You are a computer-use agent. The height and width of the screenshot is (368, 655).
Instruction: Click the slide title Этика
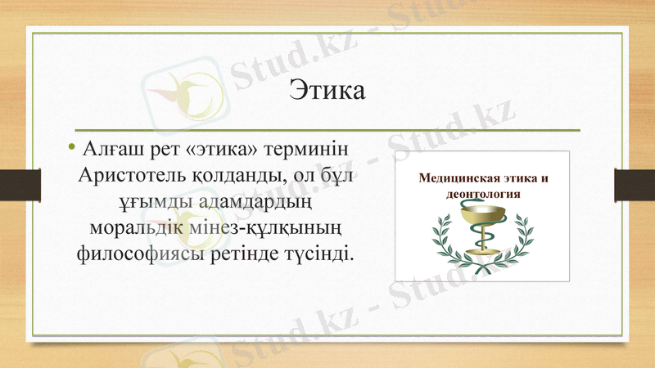(327, 89)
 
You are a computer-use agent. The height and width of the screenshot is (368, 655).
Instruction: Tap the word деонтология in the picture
(483, 195)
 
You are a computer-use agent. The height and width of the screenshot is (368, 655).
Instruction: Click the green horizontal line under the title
(327, 130)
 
